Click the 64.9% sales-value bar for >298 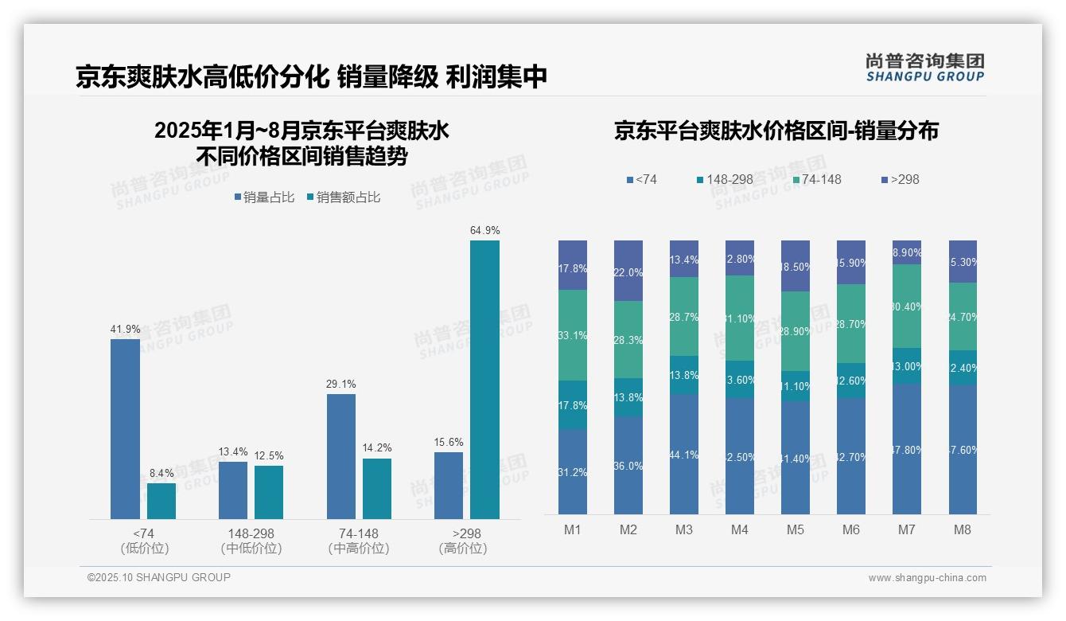point(484,380)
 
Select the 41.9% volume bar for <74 point(125,429)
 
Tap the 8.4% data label point(161,474)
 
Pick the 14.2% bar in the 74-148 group point(377,489)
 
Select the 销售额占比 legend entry point(343,197)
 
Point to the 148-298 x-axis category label point(251,533)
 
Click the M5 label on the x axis point(796,530)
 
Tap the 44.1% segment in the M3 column point(684,454)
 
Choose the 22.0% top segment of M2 point(628,271)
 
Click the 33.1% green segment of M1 point(573,335)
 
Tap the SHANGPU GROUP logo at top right point(924,67)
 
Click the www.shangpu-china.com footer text point(927,578)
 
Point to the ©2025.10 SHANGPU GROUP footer point(159,577)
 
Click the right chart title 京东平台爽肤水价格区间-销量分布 point(776,131)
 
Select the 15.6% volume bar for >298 point(449,486)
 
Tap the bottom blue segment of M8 point(963,450)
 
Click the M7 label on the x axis point(907,530)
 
